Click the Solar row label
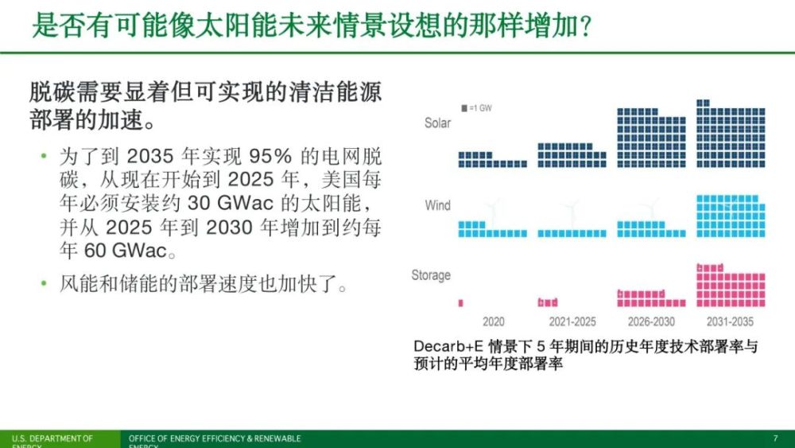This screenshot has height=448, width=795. coord(437,123)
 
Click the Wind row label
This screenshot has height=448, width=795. coord(437,205)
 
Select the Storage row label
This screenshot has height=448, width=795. coord(431,275)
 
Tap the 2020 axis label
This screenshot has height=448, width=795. coord(494,321)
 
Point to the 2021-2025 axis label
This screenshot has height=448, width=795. coord(572,321)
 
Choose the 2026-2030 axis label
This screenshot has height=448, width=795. coord(652,321)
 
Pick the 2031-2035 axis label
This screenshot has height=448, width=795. coord(730,321)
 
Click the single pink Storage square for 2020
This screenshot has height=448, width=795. coord(461,303)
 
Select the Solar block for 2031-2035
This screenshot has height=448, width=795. coord(731,134)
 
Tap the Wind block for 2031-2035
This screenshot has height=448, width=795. coord(731,216)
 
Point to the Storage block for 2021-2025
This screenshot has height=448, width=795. coord(548,302)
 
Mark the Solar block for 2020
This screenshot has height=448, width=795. coord(492,159)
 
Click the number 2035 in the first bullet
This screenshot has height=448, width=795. coord(149,156)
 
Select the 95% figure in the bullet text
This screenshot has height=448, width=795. coord(270,156)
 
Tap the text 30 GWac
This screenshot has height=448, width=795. coord(231,203)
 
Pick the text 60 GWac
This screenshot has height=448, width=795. coord(126,250)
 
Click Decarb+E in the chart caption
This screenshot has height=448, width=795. coord(448,346)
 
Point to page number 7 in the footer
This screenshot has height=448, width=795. coord(775,438)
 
